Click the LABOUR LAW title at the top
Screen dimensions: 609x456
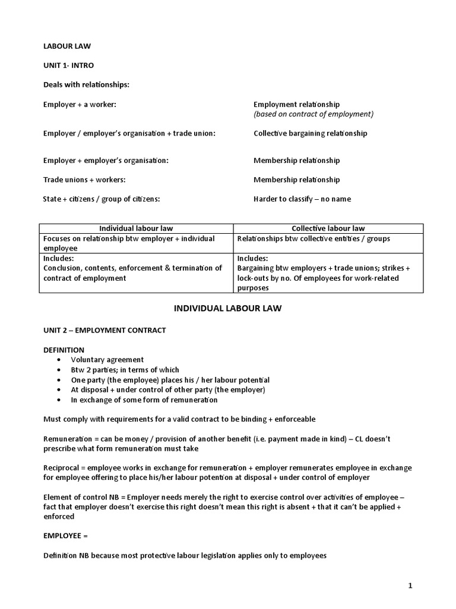pos(66,45)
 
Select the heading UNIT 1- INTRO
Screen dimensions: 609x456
pos(68,65)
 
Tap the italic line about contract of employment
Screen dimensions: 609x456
pos(313,114)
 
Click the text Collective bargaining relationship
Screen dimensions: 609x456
pos(310,133)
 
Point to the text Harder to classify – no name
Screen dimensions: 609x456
pos(302,199)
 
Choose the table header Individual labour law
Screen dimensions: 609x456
pos(136,228)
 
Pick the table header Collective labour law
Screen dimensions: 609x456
pos(328,228)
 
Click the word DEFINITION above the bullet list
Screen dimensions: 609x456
pos(64,350)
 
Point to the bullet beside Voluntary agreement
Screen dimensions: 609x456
pos(58,360)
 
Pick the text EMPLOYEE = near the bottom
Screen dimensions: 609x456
pos(65,536)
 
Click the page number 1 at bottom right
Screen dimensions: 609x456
pos(410,586)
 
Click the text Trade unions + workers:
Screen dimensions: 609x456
pos(84,180)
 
